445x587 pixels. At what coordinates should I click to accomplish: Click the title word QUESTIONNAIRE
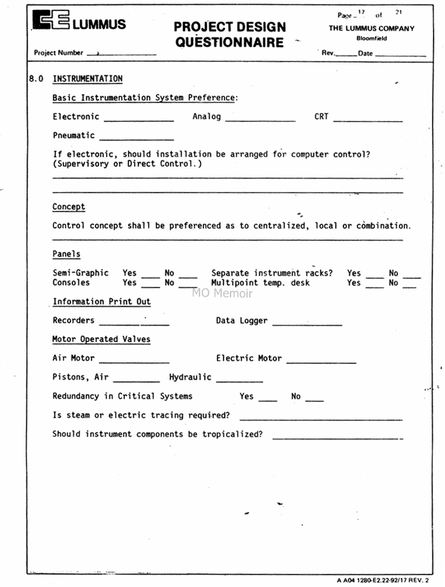click(229, 42)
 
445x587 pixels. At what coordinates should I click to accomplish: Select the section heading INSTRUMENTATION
click(88, 79)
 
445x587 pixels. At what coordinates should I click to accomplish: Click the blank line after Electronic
click(139, 120)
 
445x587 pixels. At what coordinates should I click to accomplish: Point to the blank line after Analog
click(261, 120)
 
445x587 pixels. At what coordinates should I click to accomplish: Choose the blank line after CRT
click(368, 120)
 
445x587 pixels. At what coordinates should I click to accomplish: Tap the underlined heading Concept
click(69, 207)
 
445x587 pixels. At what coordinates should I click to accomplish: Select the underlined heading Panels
click(66, 254)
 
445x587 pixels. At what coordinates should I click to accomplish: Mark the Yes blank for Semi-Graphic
click(151, 276)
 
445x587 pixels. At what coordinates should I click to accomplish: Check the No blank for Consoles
click(188, 285)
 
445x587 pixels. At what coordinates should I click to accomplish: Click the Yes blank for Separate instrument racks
click(375, 276)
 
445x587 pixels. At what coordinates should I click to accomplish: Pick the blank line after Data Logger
click(307, 324)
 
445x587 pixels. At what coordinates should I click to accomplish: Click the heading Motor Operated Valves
click(101, 339)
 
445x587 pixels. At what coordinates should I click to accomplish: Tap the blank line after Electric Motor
click(321, 362)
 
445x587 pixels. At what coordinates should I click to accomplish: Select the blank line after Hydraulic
click(239, 381)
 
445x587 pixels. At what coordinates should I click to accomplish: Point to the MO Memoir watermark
click(222, 293)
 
